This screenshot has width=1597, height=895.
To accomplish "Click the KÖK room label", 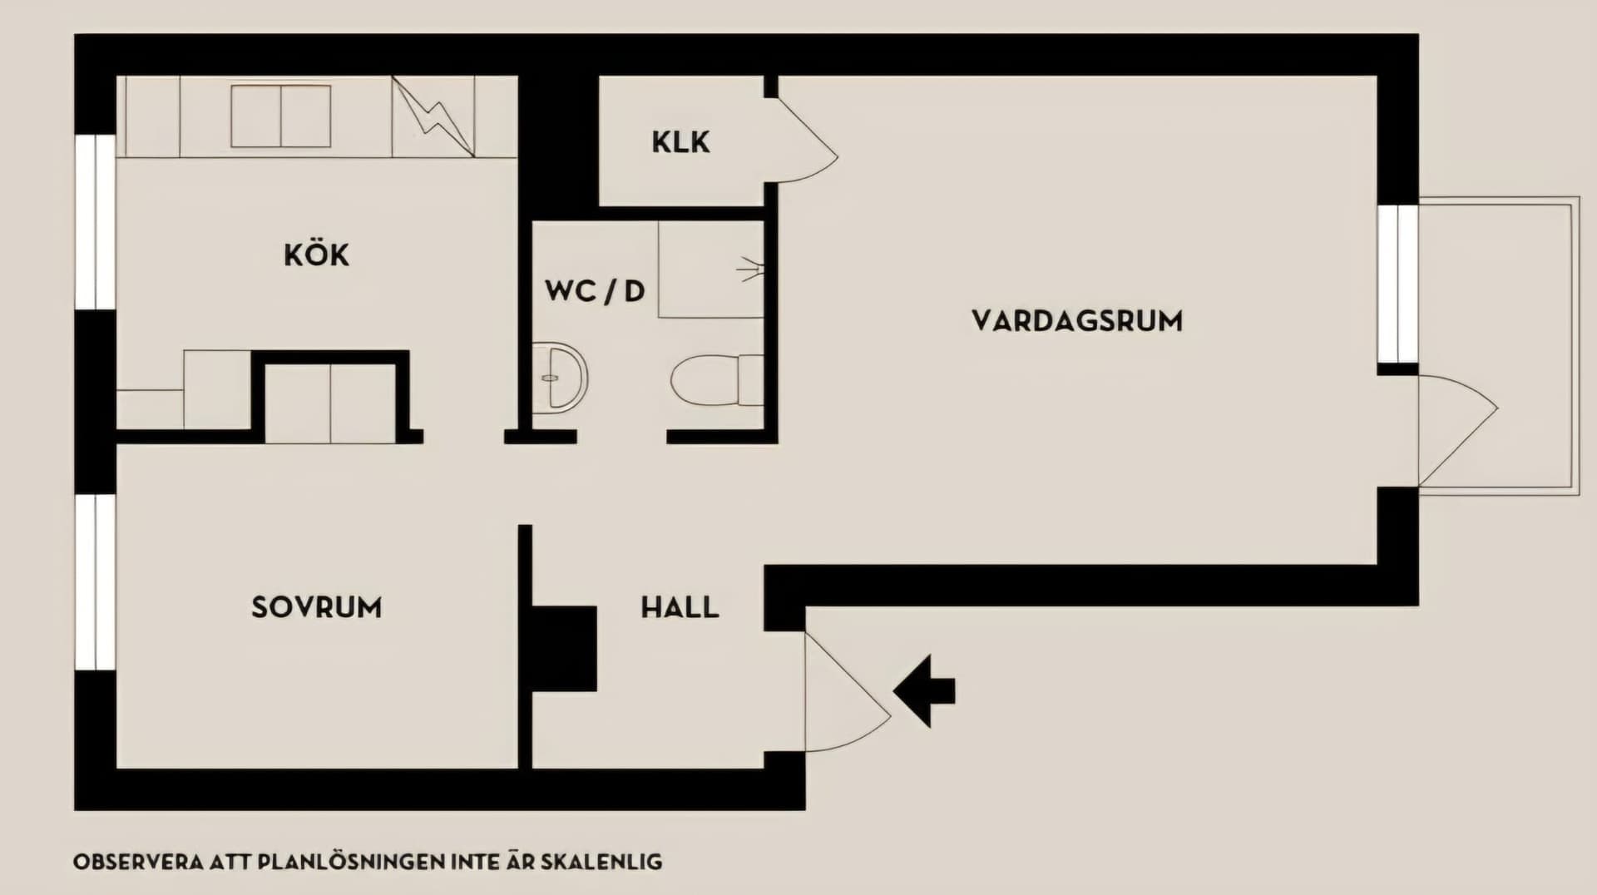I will [316, 255].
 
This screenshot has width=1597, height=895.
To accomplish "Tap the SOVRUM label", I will [316, 607].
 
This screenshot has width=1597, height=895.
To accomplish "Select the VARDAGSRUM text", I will [1076, 321].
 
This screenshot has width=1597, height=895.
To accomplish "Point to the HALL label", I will [680, 607].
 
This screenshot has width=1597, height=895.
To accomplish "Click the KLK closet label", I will [680, 142].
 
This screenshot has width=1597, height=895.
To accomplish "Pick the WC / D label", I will [595, 291].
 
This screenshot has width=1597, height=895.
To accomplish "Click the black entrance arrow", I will [925, 690].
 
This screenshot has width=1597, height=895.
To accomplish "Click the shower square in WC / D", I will [711, 269].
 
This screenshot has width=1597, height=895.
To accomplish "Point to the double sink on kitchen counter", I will [280, 116].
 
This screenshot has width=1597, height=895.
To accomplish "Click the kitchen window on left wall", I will [96, 222].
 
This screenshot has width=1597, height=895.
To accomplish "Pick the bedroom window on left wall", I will [96, 582].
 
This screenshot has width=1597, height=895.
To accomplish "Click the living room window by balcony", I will [1397, 284].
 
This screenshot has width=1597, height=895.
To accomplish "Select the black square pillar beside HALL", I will [564, 649].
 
